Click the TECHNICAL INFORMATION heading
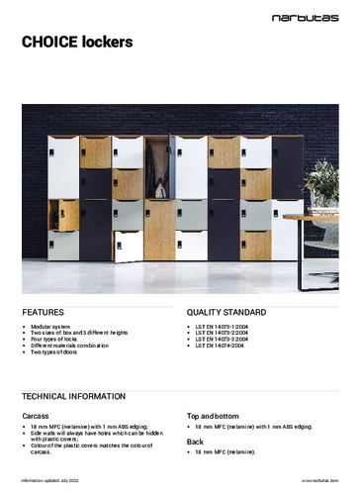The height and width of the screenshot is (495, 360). (75, 395)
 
